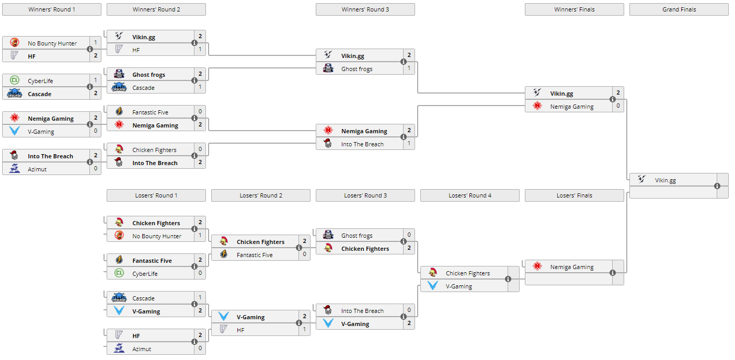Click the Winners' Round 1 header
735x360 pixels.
click(x=52, y=9)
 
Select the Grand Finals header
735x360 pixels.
click(x=679, y=9)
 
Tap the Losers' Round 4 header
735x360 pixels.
click(x=469, y=195)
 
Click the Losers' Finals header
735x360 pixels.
click(x=574, y=195)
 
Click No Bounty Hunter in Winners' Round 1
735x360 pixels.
click(x=52, y=43)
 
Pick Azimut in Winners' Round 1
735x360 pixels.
click(x=37, y=169)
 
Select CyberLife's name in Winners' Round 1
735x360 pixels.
click(x=40, y=81)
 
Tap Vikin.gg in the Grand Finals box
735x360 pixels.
click(x=665, y=180)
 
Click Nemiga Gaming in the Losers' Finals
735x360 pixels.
click(x=571, y=267)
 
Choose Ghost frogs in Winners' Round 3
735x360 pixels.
click(x=357, y=69)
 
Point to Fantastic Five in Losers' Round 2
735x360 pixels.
click(x=255, y=255)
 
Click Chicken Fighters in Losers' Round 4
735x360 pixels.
click(x=467, y=273)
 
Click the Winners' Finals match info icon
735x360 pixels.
click(x=612, y=100)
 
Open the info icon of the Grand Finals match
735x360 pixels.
click(x=717, y=186)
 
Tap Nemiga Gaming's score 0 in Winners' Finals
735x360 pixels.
click(x=618, y=106)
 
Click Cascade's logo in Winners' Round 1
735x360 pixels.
click(x=15, y=94)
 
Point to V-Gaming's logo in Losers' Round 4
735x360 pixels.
click(x=433, y=286)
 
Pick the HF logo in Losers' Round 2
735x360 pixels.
click(x=224, y=330)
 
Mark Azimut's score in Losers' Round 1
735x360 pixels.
click(x=200, y=349)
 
